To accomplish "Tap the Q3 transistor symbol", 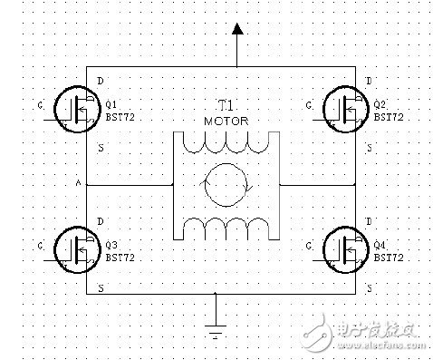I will (75, 247).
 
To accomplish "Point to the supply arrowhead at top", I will (237, 30).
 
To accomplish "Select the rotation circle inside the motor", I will (225, 182).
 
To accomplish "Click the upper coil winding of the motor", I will (225, 144).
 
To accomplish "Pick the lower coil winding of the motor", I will (225, 224).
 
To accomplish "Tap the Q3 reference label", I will (112, 245).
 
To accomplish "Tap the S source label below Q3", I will (99, 287).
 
